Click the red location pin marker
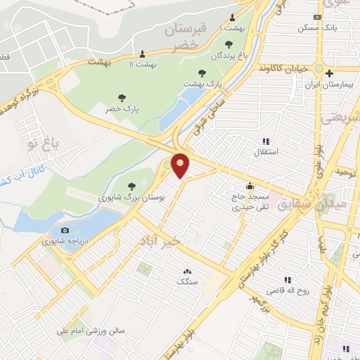point(181,165)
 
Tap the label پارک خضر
point(123,109)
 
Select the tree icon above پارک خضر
point(123,98)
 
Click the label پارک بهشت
point(203,83)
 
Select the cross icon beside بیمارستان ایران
point(330,73)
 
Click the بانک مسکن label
point(324,28)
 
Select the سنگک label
point(187,282)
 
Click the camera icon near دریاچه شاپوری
point(65,230)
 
